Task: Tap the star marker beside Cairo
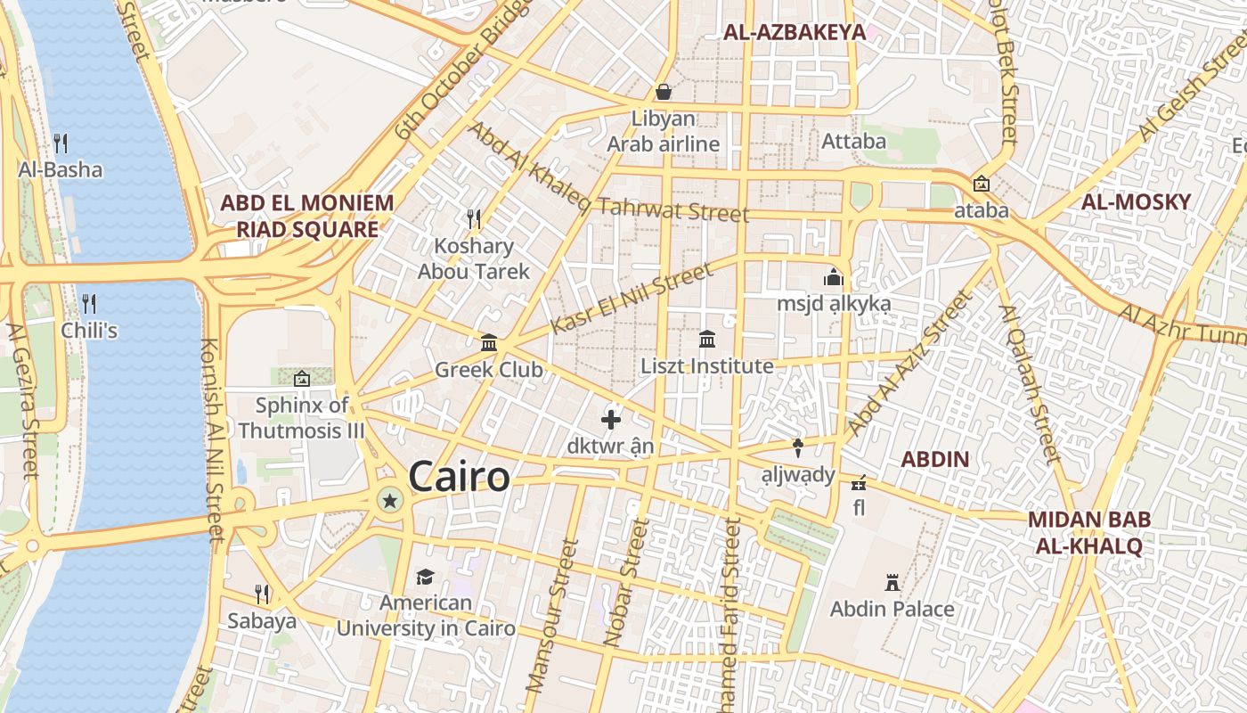(389, 500)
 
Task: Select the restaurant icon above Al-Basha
(61, 143)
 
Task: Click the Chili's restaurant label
(89, 331)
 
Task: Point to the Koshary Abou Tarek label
(474, 258)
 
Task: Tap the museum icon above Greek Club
(488, 343)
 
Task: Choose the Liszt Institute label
(707, 366)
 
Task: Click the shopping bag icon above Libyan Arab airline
(664, 92)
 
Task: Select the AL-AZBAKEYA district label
(794, 33)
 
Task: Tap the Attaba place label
(853, 141)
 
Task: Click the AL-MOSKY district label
(1136, 201)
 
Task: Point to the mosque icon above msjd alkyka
(834, 278)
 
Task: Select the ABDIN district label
(934, 460)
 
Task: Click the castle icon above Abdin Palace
(892, 584)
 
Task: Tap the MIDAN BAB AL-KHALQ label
(1088, 532)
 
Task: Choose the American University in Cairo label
(426, 615)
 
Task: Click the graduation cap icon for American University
(426, 578)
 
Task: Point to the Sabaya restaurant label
(262, 620)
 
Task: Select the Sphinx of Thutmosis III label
(302, 418)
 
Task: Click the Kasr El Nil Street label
(632, 299)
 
